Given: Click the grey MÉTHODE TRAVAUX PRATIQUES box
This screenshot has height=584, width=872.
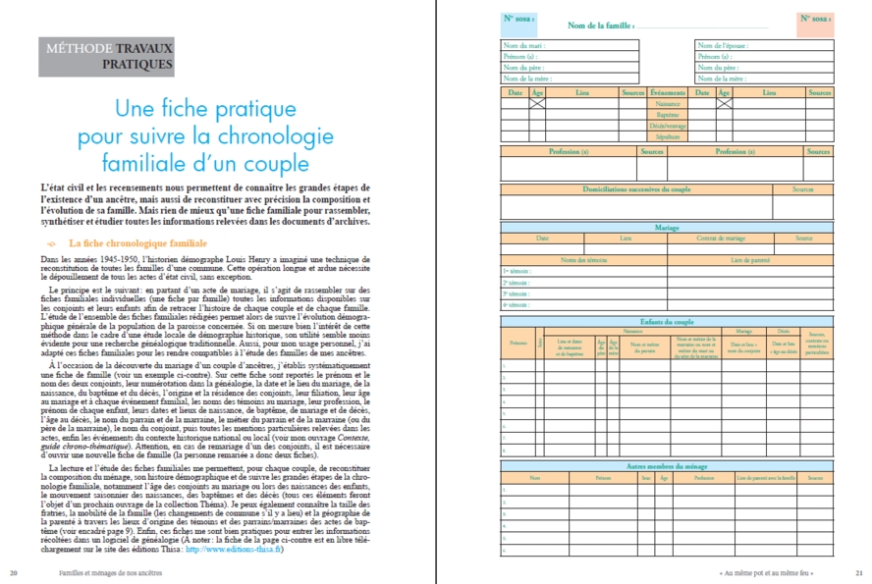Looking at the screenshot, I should (x=106, y=57).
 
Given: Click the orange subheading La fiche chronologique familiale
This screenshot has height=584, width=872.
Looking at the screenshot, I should (x=136, y=242).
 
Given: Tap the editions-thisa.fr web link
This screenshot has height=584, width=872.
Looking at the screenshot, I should (x=238, y=549).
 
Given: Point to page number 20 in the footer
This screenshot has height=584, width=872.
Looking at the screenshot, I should (x=13, y=571).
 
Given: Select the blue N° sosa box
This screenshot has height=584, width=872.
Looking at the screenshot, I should (x=518, y=20).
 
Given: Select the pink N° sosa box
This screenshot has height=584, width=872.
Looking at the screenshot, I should (x=816, y=20).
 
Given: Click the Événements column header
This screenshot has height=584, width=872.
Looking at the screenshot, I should (x=668, y=92).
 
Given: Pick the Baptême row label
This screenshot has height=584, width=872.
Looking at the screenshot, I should (x=668, y=115).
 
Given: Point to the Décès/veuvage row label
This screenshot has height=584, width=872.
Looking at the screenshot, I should (x=668, y=127).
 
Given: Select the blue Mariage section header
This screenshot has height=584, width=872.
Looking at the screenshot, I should (x=667, y=227).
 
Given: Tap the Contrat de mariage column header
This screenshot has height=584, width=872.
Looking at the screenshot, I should (x=722, y=238).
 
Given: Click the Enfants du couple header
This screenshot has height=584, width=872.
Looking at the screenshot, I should (x=667, y=321).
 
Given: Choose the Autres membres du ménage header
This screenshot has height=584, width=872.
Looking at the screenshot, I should (x=667, y=465).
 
